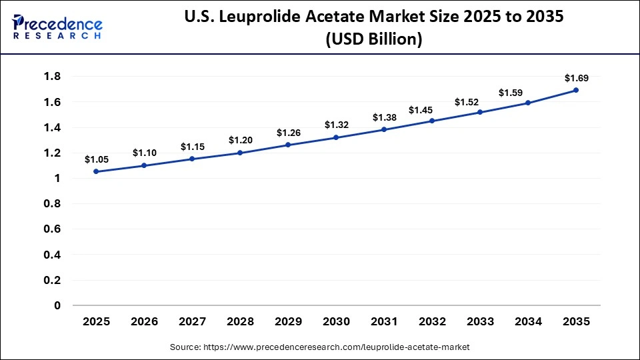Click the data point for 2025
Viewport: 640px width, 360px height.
pyautogui.click(x=96, y=171)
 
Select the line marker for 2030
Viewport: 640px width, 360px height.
pyautogui.click(x=336, y=137)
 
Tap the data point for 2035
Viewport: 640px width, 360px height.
pyautogui.click(x=576, y=90)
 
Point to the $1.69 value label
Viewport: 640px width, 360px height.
pyautogui.click(x=576, y=78)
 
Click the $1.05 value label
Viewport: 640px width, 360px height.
pyautogui.click(x=96, y=159)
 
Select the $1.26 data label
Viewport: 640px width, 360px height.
pyautogui.click(x=288, y=133)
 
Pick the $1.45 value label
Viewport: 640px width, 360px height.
pyautogui.click(x=432, y=109)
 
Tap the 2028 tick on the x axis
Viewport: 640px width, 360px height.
pyautogui.click(x=240, y=322)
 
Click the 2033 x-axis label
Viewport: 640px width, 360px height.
pyautogui.click(x=480, y=322)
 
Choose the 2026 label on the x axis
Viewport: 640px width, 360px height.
pyautogui.click(x=144, y=322)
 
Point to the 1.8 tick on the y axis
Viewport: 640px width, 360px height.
pyautogui.click(x=52, y=77)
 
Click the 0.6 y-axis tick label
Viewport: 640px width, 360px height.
pyautogui.click(x=52, y=229)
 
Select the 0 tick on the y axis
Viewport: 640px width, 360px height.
pyautogui.click(x=57, y=305)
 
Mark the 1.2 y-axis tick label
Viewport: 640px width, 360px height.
pyautogui.click(x=52, y=153)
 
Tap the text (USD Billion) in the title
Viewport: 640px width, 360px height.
pyautogui.click(x=373, y=40)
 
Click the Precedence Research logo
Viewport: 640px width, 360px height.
pyautogui.click(x=57, y=27)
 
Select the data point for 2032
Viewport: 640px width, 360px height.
pyautogui.click(x=432, y=121)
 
